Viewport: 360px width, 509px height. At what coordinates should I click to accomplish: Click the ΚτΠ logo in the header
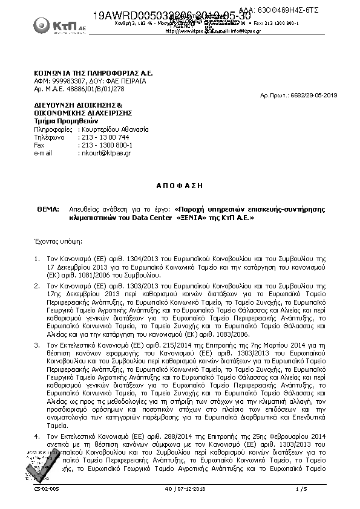pos(53,25)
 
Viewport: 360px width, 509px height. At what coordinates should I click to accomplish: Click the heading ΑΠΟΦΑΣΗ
pos(180,184)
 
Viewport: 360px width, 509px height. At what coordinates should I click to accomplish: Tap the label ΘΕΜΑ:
pos(48,209)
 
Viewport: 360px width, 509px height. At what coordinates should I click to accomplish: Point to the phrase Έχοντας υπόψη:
pos(57,240)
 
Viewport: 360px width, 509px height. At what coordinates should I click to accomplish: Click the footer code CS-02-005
pos(46,488)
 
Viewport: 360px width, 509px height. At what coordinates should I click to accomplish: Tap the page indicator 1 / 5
pos(301,488)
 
